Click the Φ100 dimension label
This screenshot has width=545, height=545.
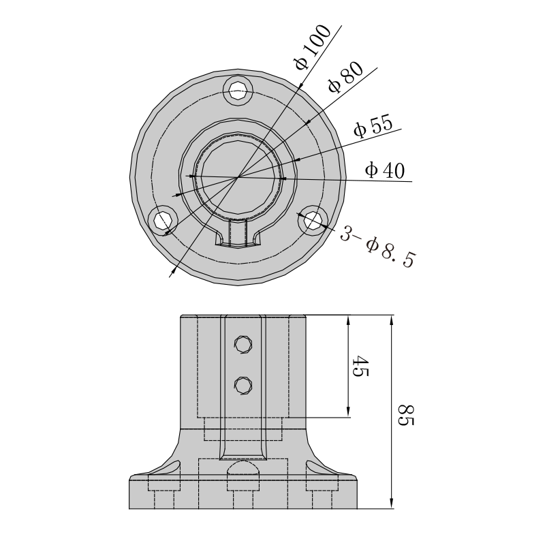pos(313,47)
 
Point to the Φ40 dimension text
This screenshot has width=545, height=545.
pos(385,170)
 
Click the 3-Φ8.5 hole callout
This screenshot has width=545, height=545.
pos(378,246)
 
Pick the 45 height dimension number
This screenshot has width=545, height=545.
pos(360,366)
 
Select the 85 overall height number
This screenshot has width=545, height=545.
pos(405,415)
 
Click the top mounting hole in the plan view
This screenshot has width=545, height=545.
pos(238,90)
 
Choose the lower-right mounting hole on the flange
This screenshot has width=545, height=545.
pos(313,220)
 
